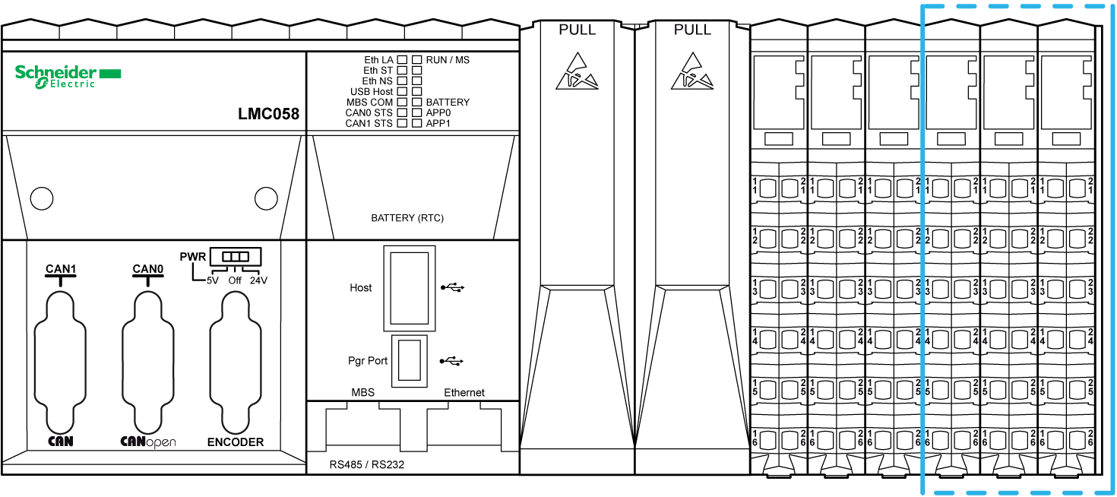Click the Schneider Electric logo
68,77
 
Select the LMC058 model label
268,114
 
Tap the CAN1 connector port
60,362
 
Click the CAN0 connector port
148,362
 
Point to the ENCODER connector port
236,362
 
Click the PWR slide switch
236,257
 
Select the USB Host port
410,288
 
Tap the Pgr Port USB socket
410,360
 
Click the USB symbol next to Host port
453,287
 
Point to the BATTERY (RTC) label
407,218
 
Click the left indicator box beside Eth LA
402,60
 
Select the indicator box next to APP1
417,123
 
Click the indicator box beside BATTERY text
417,102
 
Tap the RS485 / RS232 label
367,464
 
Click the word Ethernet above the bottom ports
464,393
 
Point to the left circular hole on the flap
42,198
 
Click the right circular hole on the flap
266,198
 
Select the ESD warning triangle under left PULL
577,71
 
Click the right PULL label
693,30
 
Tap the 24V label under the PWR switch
259,280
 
